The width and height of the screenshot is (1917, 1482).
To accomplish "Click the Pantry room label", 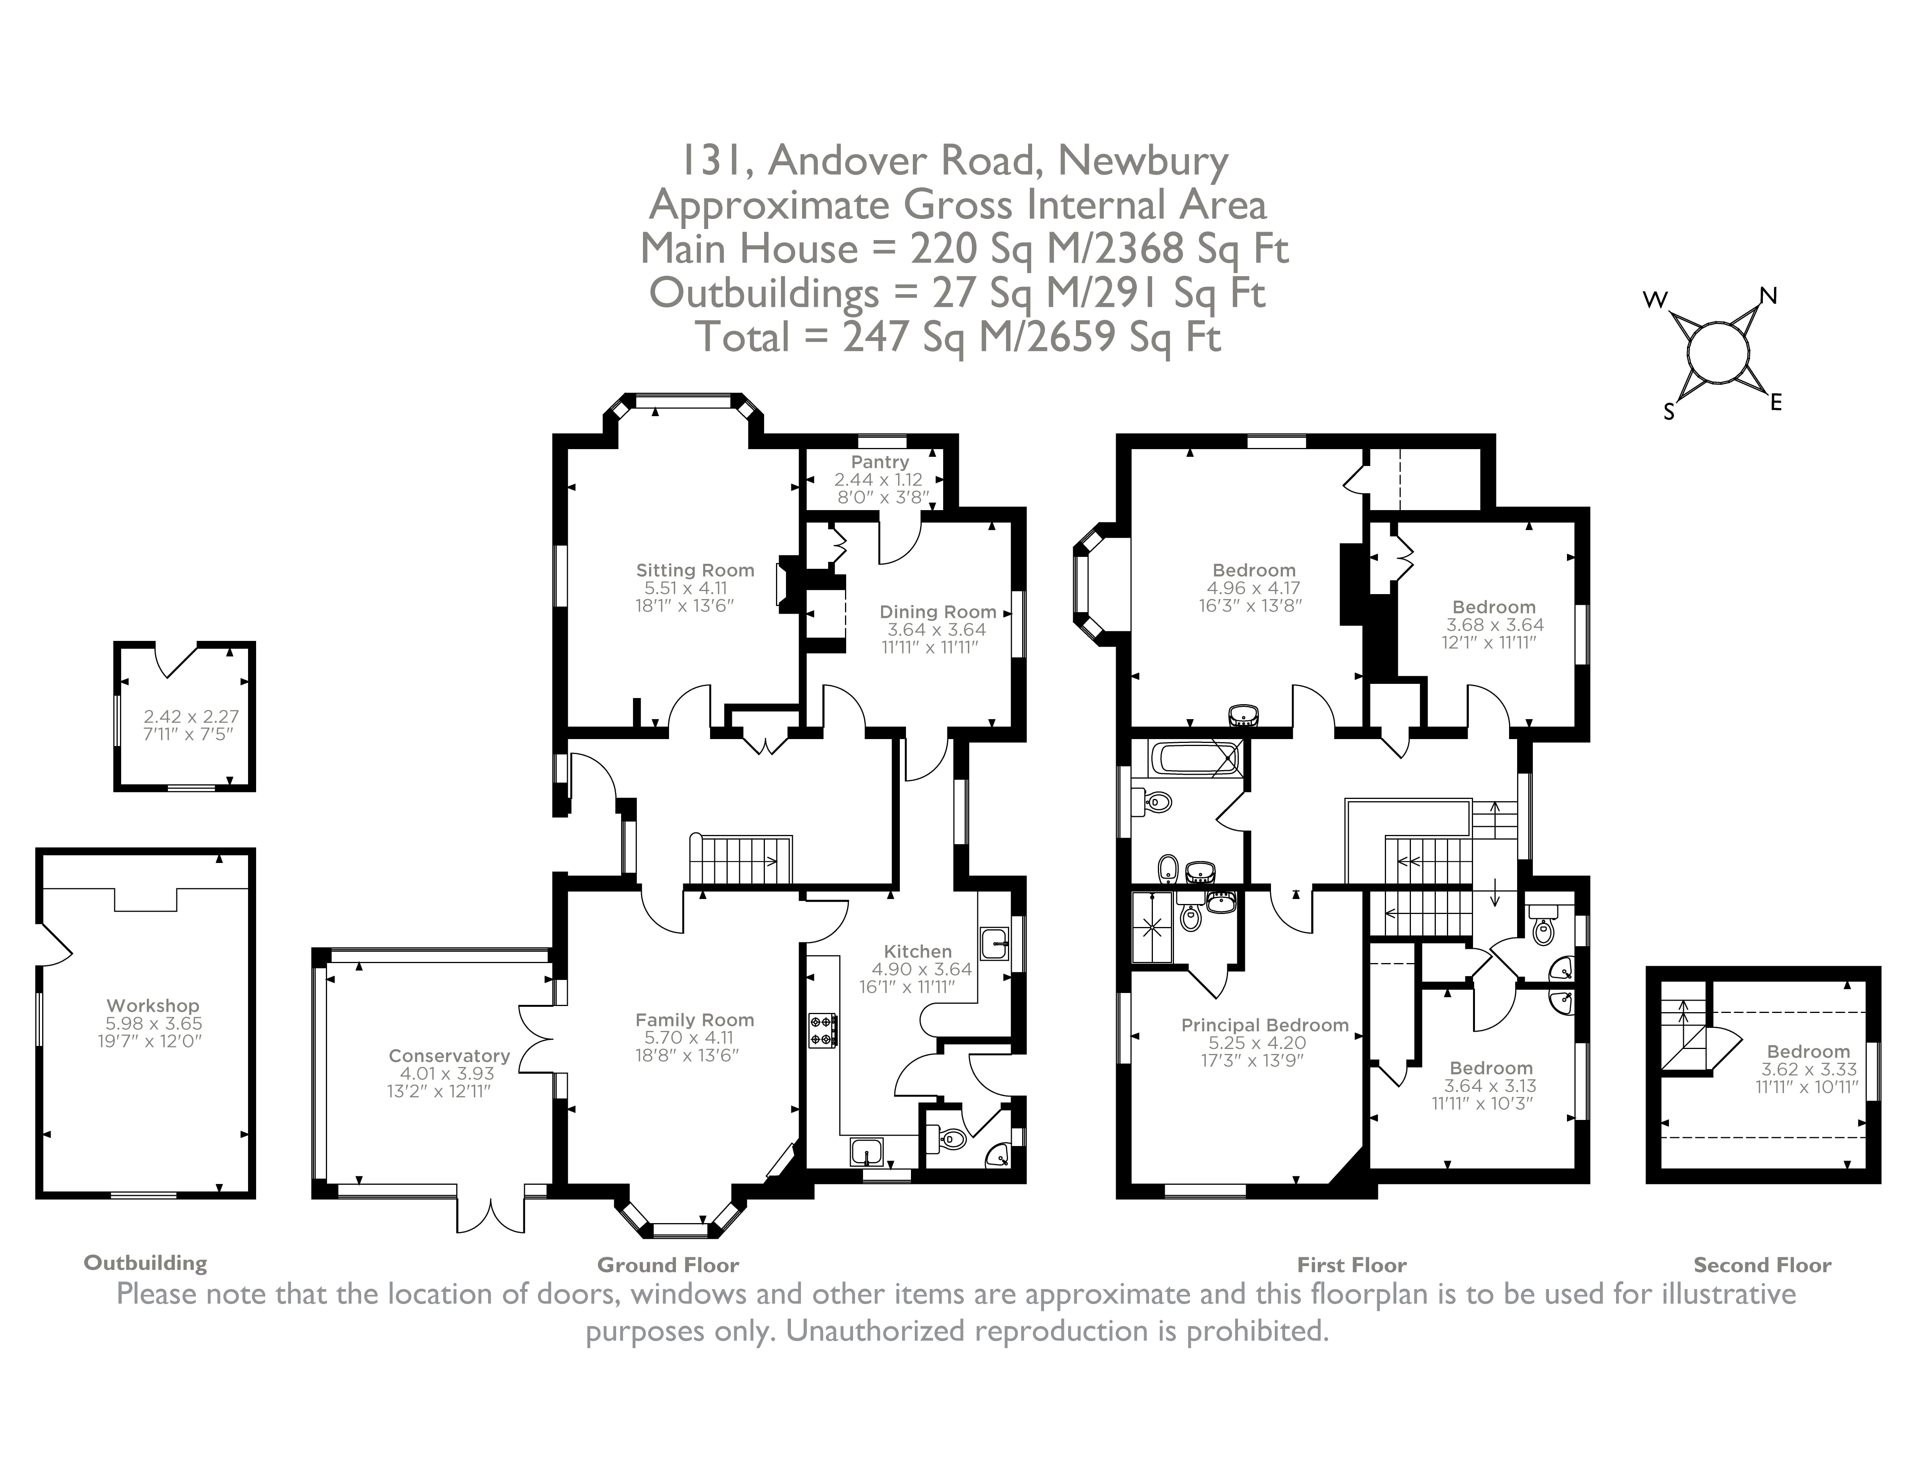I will coord(880,462).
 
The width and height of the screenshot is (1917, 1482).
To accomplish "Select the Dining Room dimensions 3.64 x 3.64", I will coord(937,629).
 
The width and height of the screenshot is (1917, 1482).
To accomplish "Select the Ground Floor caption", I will coord(668,1265).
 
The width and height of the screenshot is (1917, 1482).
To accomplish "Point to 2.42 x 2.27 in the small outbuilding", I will coord(191,716).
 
